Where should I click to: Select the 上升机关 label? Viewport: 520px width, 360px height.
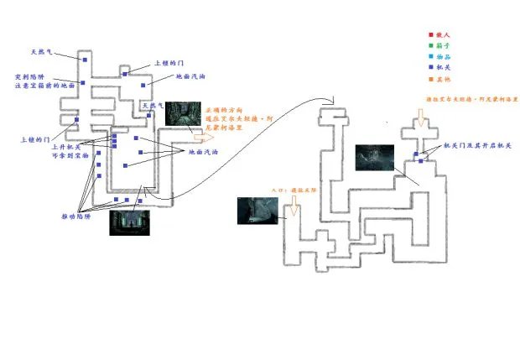[x=67, y=148]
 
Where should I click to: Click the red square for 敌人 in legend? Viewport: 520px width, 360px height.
[x=429, y=35]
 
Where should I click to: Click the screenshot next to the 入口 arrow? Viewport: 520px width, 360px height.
[x=257, y=210]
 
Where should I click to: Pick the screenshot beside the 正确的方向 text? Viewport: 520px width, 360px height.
[x=184, y=113]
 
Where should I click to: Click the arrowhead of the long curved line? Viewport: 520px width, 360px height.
[x=335, y=107]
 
